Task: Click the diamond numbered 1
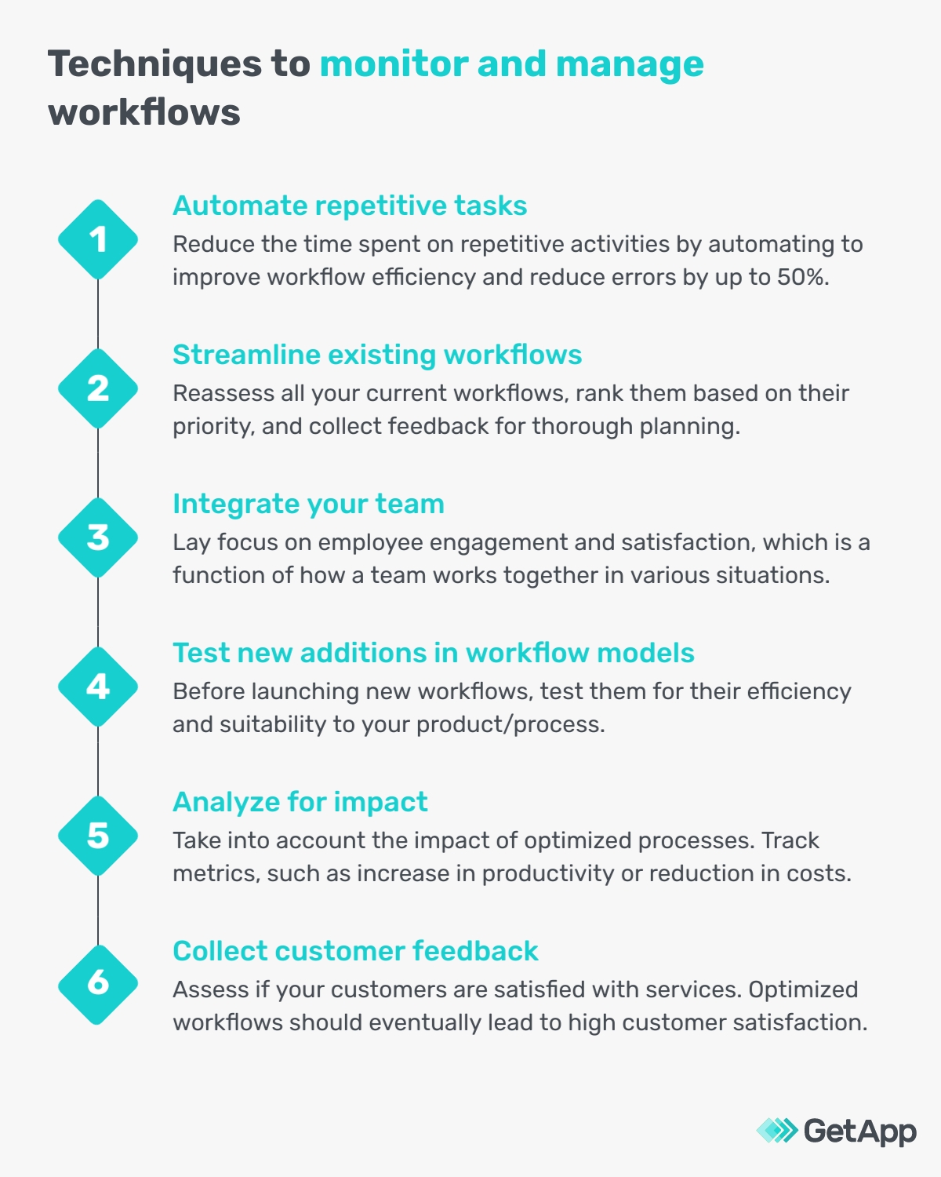[x=98, y=239]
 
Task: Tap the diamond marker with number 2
[x=98, y=388]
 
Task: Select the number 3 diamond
[x=98, y=537]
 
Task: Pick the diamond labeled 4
[x=98, y=687]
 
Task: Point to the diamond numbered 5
[x=98, y=836]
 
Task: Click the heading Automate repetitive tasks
[x=350, y=206]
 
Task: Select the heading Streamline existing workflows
[x=377, y=355]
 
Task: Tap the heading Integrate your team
[x=308, y=504]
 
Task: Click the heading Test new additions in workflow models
[x=434, y=653]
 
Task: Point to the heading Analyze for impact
[x=300, y=802]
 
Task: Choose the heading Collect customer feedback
[x=355, y=951]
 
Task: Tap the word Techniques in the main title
[x=156, y=64]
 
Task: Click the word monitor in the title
[x=394, y=64]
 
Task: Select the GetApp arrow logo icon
[x=776, y=1131]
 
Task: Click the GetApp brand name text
[x=860, y=1131]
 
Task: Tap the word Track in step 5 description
[x=790, y=840]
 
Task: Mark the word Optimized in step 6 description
[x=803, y=989]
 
